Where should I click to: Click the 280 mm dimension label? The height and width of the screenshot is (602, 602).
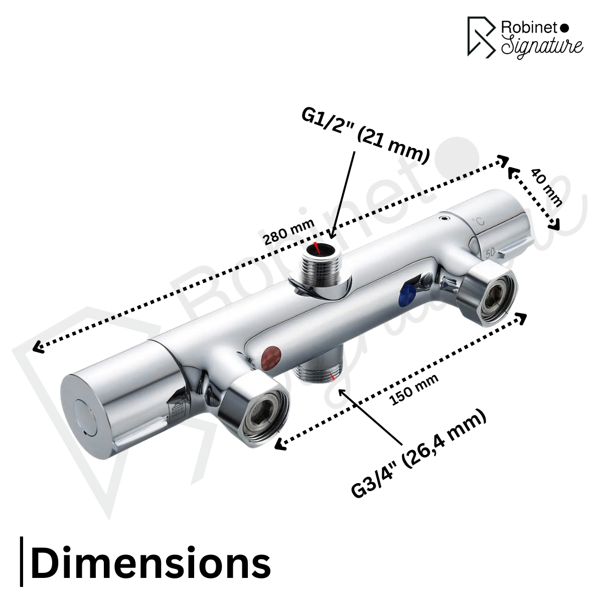click(289, 232)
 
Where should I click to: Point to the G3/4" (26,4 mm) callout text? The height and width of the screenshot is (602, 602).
click(419, 454)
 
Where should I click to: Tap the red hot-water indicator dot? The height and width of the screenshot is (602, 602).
click(272, 356)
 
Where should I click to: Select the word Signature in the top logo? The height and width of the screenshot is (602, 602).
click(542, 46)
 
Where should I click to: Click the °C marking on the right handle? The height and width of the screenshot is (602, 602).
click(479, 220)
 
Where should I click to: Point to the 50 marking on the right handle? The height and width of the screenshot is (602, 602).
click(490, 252)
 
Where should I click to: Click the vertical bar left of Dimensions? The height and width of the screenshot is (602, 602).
click(22, 561)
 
